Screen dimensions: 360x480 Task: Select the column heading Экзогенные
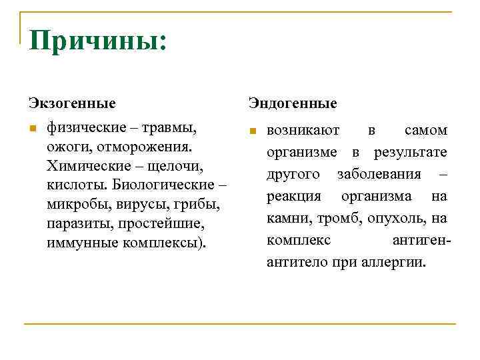[72, 103]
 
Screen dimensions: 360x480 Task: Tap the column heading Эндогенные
[293, 103]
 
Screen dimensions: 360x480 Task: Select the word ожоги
[67, 145]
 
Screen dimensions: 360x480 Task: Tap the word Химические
[85, 164]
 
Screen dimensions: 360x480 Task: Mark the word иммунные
[81, 241]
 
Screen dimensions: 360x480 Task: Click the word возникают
[303, 130]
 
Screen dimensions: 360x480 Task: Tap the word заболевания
[379, 174]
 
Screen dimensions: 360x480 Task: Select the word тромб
[331, 218]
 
